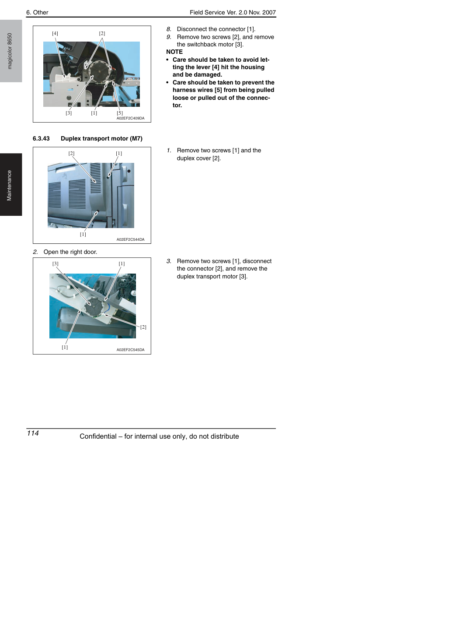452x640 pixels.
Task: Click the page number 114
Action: pos(33,433)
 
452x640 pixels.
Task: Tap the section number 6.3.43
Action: pos(41,139)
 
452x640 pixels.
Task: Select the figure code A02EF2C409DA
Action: pos(130,118)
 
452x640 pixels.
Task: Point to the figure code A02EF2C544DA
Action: pos(130,239)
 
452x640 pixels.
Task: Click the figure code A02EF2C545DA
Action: pos(130,350)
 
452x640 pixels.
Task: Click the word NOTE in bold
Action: pos(174,52)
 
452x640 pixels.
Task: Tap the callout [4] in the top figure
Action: pos(55,33)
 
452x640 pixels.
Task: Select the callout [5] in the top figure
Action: pos(120,113)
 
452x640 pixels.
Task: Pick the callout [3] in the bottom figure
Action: pos(56,264)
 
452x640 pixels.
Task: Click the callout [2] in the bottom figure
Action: pos(143,327)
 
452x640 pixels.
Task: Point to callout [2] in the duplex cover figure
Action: pos(71,153)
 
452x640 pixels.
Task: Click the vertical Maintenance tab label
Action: pos(9,186)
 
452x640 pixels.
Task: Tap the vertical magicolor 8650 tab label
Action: pos(10,51)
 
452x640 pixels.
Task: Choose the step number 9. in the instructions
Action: pos(169,37)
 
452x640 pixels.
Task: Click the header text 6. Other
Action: pos(37,13)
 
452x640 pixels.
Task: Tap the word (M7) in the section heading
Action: pos(136,139)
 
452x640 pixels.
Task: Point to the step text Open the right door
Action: pos(70,252)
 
